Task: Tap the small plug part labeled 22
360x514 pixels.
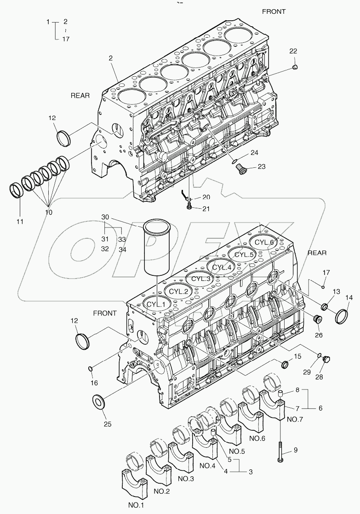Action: coord(295,68)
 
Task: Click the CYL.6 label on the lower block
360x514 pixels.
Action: coord(264,243)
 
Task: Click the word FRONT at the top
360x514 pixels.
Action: coord(274,11)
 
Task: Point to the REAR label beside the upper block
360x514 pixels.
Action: coord(80,96)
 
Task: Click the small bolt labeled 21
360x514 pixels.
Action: coord(189,208)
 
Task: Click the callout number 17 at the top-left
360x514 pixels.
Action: coord(65,39)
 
